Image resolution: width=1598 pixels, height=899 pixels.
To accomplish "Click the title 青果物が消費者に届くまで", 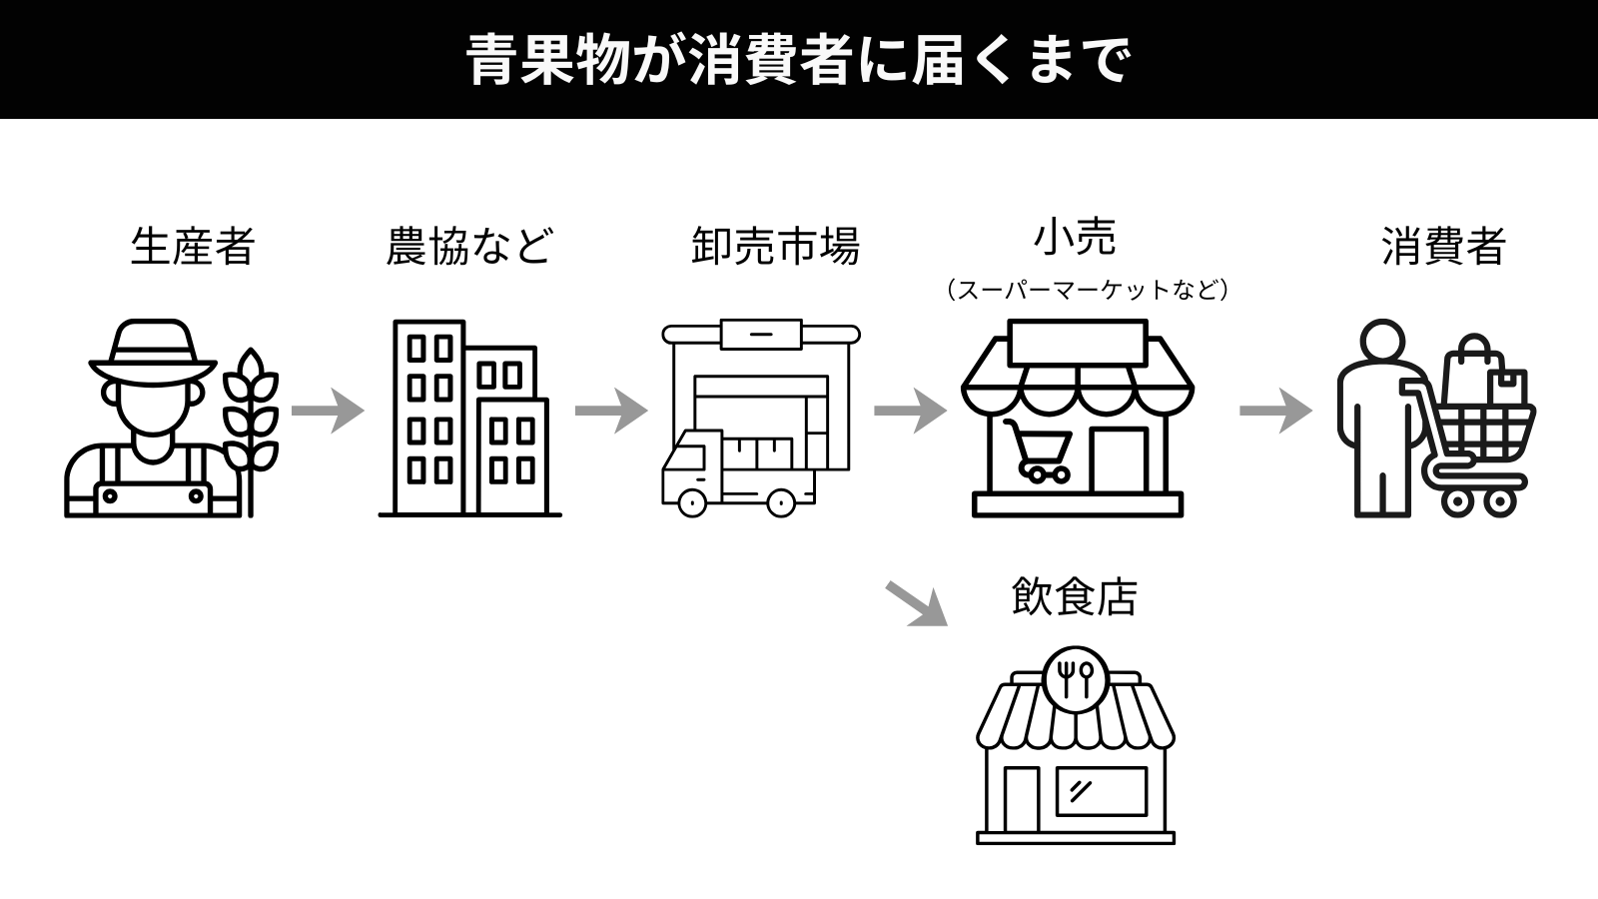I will pos(799,60).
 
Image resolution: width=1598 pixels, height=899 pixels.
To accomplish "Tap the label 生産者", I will pos(193,247).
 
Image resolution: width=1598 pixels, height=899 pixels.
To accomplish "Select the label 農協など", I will pos(469,247).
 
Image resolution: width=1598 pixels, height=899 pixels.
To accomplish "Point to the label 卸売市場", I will pos(775,247).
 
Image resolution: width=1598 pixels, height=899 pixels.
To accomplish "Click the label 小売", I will pos(1075,238).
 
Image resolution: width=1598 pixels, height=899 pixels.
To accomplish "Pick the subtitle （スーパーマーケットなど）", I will pos(1086,291).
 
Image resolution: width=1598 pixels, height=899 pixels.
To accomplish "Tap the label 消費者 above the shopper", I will pos(1443,247).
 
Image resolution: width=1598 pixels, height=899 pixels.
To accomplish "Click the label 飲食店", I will pos(1075,597).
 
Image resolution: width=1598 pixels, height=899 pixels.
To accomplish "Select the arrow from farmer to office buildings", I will pos(328,411).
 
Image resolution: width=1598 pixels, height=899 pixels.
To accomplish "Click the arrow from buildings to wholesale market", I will pos(611,411).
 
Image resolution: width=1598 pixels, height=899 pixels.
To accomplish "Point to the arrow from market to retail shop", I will pos(910,411).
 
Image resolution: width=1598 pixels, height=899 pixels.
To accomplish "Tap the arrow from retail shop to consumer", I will pos(1275,411).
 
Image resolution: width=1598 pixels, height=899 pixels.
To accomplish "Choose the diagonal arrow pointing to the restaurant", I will pos(917,603).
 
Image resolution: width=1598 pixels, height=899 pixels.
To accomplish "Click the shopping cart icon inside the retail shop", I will pos(1039,451).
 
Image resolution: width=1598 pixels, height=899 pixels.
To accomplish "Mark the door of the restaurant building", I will pos(1021,799).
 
